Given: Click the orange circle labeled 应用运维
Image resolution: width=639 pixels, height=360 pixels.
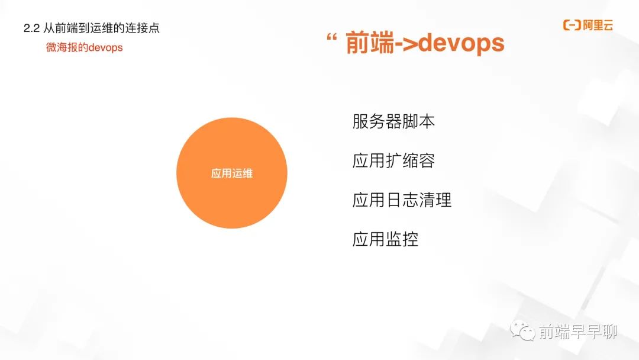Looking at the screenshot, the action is (x=232, y=173).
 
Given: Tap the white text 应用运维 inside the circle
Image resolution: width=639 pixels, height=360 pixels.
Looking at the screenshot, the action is (x=232, y=173).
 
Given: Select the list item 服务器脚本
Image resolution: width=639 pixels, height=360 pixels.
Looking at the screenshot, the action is (x=393, y=121).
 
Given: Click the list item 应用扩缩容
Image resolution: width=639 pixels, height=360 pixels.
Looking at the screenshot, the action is (x=393, y=160).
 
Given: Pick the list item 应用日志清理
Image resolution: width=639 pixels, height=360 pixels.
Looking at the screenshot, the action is (x=402, y=200).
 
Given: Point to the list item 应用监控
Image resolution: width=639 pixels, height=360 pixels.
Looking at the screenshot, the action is (x=386, y=239).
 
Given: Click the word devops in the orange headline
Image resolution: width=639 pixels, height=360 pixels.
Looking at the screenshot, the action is (x=461, y=43).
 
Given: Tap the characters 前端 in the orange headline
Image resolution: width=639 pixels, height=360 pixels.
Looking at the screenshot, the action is (x=370, y=43).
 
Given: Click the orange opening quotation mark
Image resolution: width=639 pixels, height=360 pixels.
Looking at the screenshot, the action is (x=332, y=37).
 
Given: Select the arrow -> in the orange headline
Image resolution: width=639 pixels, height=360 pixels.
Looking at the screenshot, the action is (x=406, y=44).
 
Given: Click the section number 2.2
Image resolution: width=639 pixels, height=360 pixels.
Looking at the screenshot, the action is (x=31, y=28).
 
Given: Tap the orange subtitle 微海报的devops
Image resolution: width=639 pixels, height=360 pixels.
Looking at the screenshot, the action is (x=85, y=47).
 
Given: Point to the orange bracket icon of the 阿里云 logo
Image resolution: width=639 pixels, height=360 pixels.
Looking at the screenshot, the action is (x=572, y=25).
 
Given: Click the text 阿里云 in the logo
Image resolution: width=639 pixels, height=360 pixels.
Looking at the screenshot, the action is (x=598, y=25).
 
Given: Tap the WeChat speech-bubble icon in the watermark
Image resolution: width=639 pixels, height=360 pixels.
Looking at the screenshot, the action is (x=523, y=330).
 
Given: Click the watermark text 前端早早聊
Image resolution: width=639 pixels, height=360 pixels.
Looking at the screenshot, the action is (x=578, y=332).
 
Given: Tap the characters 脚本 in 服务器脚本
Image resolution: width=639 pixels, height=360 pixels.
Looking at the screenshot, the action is (x=418, y=121).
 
